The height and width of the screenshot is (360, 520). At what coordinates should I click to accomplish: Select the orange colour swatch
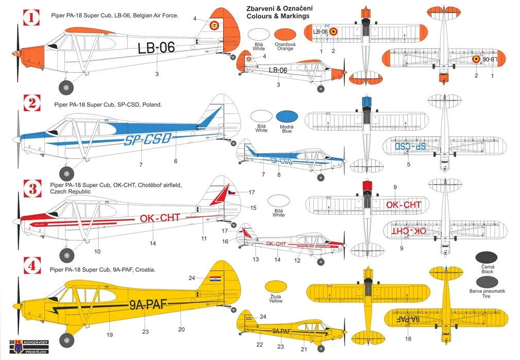(x=284, y=36)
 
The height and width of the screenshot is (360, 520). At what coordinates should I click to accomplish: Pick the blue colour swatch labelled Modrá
(x=286, y=117)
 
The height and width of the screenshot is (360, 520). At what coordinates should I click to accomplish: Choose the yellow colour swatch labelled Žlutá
(x=275, y=287)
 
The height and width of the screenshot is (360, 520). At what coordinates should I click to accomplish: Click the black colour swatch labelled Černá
(x=487, y=258)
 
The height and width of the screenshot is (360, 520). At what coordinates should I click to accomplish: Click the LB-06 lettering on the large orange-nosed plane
(x=156, y=48)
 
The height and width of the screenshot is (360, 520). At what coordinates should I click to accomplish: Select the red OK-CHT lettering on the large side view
(x=160, y=218)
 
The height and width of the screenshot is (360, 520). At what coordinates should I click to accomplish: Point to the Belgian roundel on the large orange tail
(x=213, y=24)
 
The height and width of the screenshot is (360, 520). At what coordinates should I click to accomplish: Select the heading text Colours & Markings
(x=278, y=16)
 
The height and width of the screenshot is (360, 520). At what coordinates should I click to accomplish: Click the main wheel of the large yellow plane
(x=66, y=340)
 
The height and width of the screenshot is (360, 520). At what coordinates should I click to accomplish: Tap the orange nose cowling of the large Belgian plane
(x=32, y=53)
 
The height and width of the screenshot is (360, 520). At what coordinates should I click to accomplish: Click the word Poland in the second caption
(x=152, y=105)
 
